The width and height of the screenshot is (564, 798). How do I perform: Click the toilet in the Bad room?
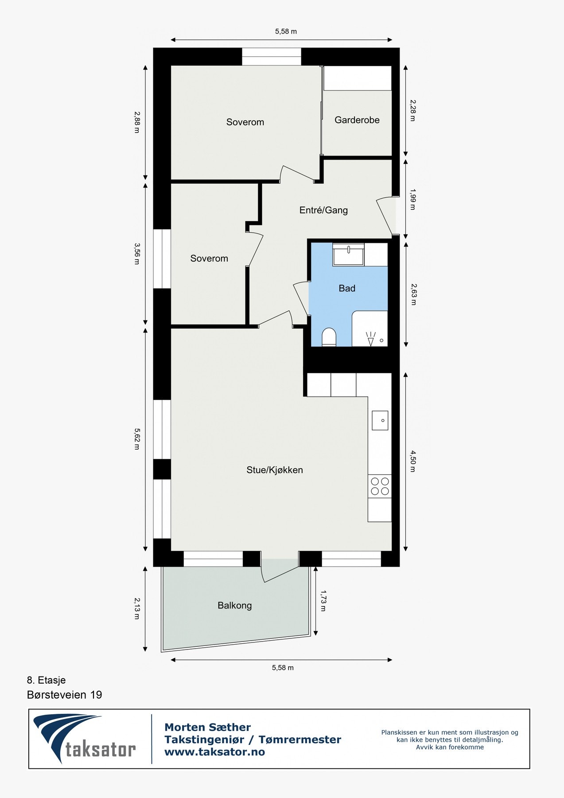click(x=329, y=337)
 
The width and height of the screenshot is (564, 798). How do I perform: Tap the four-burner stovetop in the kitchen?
click(x=380, y=486)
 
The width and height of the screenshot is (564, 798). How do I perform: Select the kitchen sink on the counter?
click(x=380, y=420)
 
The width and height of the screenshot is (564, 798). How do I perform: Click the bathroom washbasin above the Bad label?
click(x=349, y=255)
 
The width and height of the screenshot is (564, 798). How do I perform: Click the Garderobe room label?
click(x=357, y=120)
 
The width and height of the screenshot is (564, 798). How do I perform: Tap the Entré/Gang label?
click(x=323, y=210)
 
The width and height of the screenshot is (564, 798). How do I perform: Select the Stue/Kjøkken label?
click(x=275, y=470)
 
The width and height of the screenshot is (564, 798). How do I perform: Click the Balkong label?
click(x=234, y=605)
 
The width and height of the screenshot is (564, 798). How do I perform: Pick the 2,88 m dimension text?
click(x=137, y=122)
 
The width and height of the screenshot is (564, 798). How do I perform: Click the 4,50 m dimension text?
click(x=412, y=461)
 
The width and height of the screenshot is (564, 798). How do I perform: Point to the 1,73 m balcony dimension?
click(x=323, y=601)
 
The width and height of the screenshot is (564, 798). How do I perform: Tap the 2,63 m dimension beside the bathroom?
click(x=413, y=294)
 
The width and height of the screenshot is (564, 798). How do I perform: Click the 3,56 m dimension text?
click(x=137, y=254)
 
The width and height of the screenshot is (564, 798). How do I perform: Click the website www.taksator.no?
click(x=214, y=752)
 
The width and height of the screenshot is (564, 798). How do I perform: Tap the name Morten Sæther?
click(x=207, y=727)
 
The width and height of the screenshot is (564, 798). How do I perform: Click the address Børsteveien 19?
click(x=64, y=695)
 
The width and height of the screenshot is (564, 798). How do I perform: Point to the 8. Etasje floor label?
click(x=46, y=680)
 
